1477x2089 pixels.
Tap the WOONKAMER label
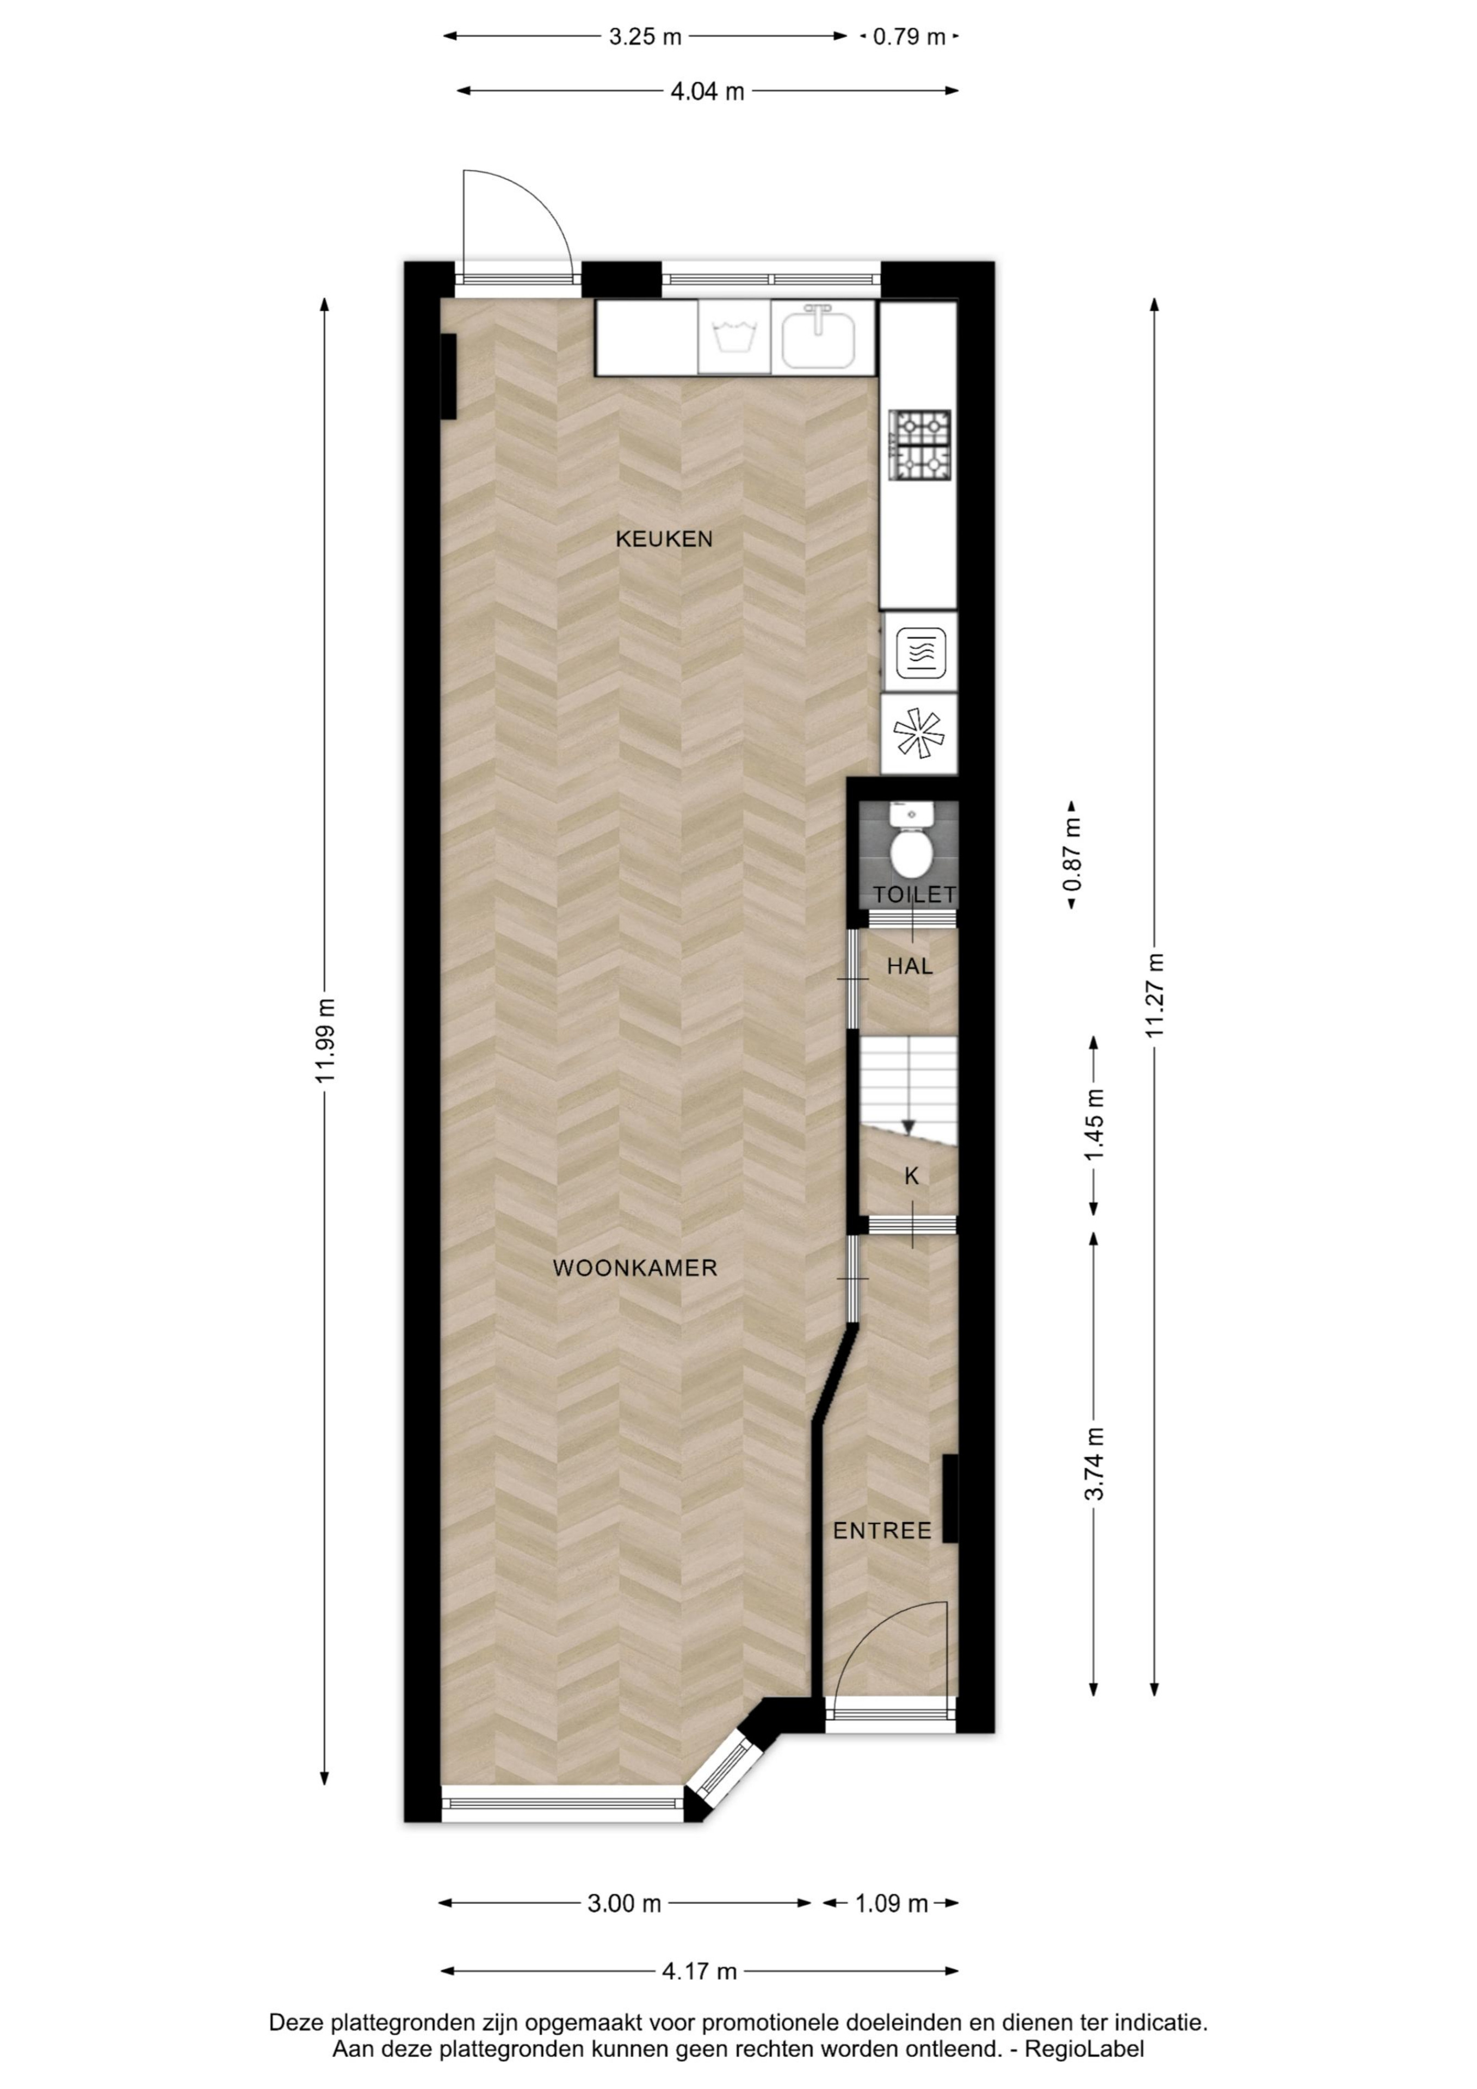(635, 1268)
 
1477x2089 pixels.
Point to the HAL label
(910, 966)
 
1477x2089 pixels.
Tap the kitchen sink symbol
(819, 337)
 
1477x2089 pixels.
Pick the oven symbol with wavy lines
(921, 653)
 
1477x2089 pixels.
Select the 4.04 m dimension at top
(707, 91)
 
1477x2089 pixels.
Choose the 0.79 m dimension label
(909, 38)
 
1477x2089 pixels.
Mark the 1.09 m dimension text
(891, 1903)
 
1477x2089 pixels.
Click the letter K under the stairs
(911, 1177)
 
